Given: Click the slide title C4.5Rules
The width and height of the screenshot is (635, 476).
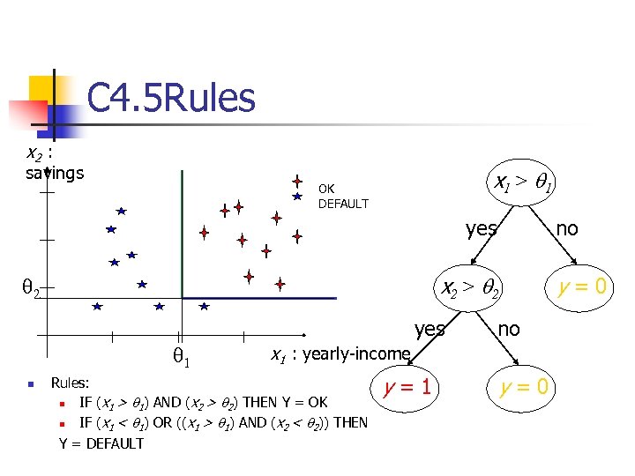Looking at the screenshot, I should tap(171, 98).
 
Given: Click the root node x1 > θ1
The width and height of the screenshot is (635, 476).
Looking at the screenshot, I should tap(524, 184).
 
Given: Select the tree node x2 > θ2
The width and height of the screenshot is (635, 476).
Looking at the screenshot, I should tap(471, 286).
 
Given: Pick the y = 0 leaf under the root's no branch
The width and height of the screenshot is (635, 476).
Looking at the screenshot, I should tap(586, 286).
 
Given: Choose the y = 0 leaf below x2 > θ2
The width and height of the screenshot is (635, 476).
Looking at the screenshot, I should tap(524, 386).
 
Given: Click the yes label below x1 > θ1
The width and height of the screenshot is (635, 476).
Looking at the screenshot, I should tap(482, 229).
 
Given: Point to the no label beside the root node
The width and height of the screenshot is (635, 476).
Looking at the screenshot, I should tap(567, 228).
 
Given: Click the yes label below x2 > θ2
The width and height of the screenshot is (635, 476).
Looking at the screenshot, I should tap(430, 329).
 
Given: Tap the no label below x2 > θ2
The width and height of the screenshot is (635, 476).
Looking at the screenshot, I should tap(509, 329).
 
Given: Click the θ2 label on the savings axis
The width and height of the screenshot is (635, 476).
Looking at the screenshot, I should tap(30, 287).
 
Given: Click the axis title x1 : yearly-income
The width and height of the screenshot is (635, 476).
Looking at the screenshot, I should tap(340, 354).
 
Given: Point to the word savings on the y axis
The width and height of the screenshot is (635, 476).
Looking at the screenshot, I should tap(55, 172).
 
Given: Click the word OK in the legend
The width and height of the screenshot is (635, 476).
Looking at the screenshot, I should tap(326, 189).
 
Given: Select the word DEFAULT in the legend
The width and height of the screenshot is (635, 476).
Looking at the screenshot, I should tap(343, 204).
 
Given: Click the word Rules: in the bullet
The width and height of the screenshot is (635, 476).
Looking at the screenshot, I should tap(71, 383).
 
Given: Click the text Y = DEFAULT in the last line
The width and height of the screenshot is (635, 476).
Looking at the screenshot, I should tap(101, 443).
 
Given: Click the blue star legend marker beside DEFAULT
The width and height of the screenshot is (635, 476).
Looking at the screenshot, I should tap(298, 197).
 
